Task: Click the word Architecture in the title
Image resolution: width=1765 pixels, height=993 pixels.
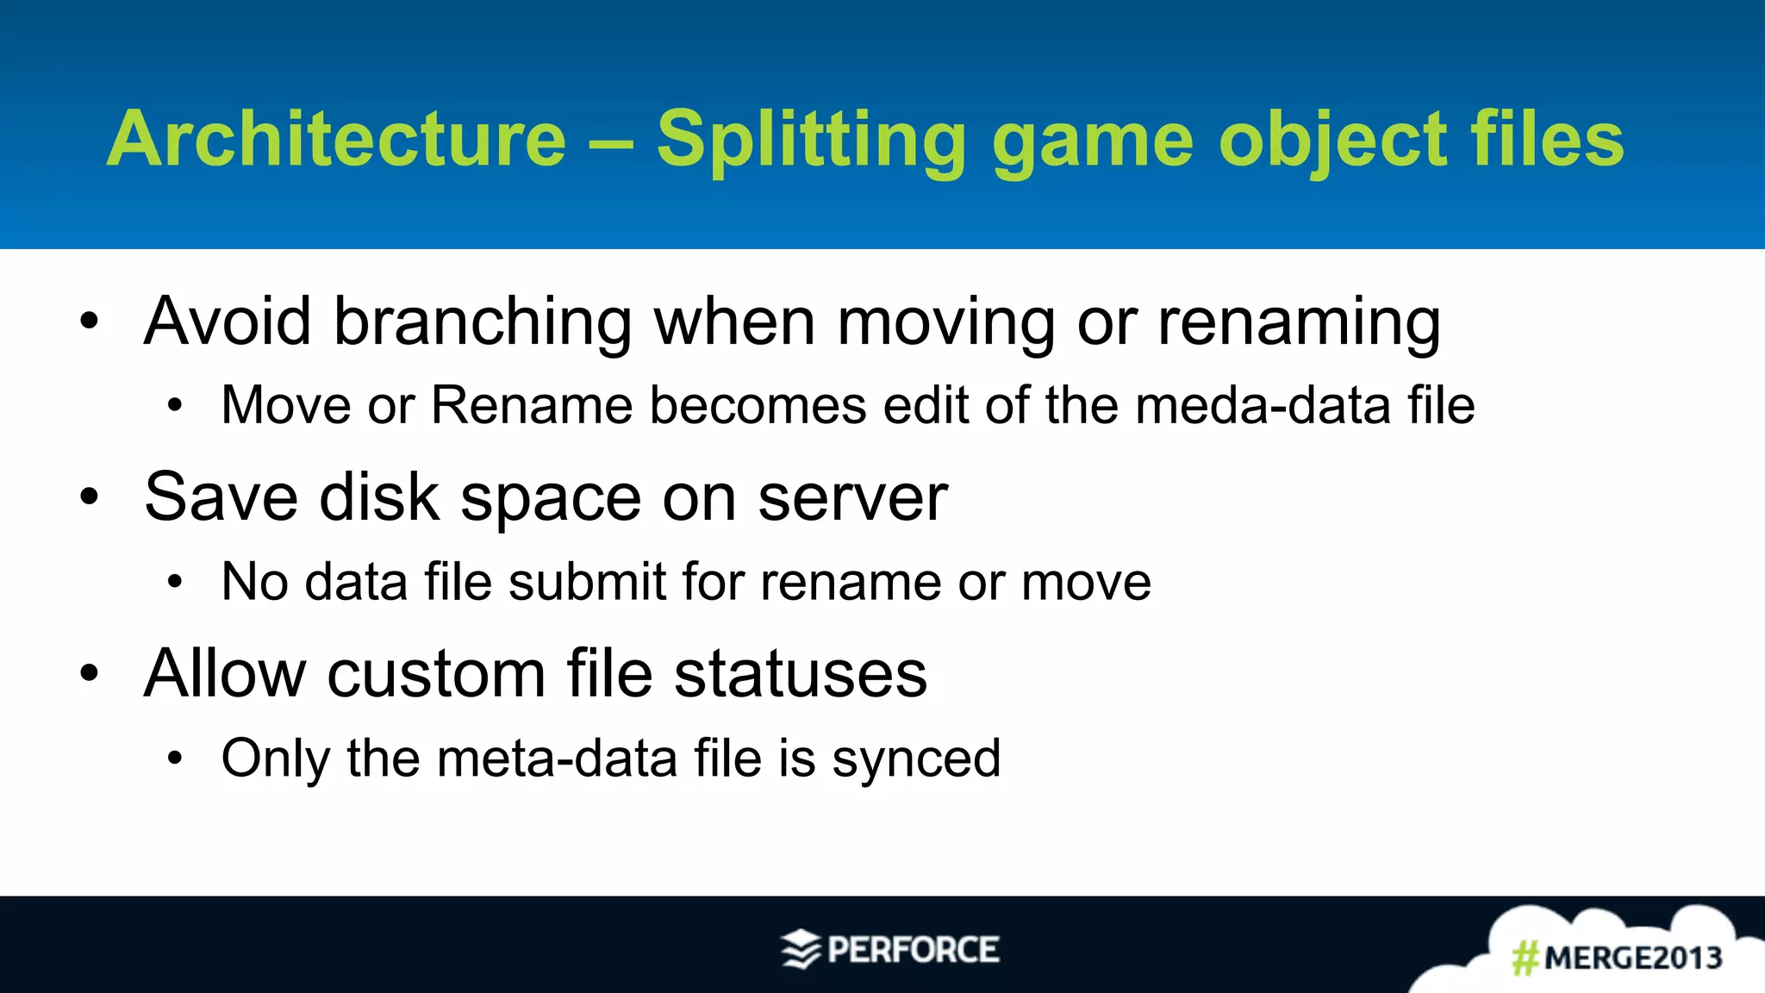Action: [x=336, y=140]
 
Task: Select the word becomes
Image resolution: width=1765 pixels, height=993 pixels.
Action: [x=758, y=405]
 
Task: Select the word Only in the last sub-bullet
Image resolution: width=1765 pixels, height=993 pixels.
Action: [x=276, y=759]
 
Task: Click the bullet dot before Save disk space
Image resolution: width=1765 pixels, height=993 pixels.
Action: [x=90, y=497]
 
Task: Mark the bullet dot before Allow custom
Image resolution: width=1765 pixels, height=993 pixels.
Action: [x=90, y=673]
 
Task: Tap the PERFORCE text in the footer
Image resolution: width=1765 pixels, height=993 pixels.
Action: [x=913, y=950]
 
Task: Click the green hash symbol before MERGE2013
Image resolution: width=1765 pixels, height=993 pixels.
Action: [x=1525, y=958]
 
